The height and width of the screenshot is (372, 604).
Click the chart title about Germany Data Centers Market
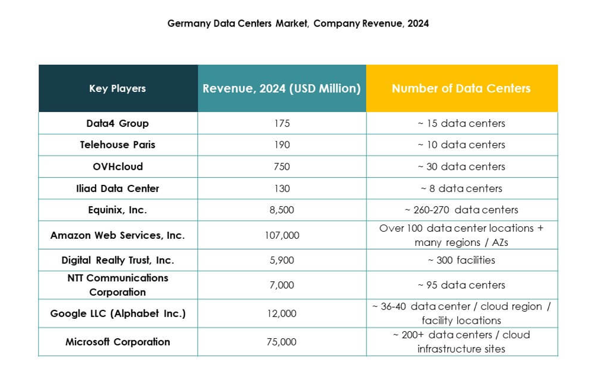click(x=298, y=24)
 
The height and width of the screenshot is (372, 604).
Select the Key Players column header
click(x=117, y=88)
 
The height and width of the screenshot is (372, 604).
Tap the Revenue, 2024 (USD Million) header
click(x=282, y=88)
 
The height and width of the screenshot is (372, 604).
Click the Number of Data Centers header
click(x=461, y=88)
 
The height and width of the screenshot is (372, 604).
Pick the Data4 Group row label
click(x=117, y=123)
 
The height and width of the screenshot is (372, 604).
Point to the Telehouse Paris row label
click(x=117, y=145)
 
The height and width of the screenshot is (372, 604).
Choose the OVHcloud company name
click(x=117, y=166)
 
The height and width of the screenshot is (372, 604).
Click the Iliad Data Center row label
click(x=117, y=188)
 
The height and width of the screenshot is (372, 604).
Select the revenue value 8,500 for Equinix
click(x=282, y=210)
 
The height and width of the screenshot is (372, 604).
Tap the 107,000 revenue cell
click(x=282, y=235)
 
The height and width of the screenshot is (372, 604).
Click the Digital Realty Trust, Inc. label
click(x=117, y=261)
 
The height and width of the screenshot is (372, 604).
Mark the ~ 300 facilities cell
click(x=461, y=260)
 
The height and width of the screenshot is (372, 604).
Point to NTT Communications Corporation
click(x=117, y=285)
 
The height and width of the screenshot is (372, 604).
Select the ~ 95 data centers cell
click(x=461, y=285)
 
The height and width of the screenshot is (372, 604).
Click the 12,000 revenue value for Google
click(x=282, y=314)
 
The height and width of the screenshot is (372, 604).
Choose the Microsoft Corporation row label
click(x=117, y=342)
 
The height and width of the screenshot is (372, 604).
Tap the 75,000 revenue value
click(x=282, y=342)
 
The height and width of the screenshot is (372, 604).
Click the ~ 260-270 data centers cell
click(x=461, y=210)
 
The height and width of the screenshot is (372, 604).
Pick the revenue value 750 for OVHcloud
click(x=282, y=166)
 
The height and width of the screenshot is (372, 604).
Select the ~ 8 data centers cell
click(x=461, y=188)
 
